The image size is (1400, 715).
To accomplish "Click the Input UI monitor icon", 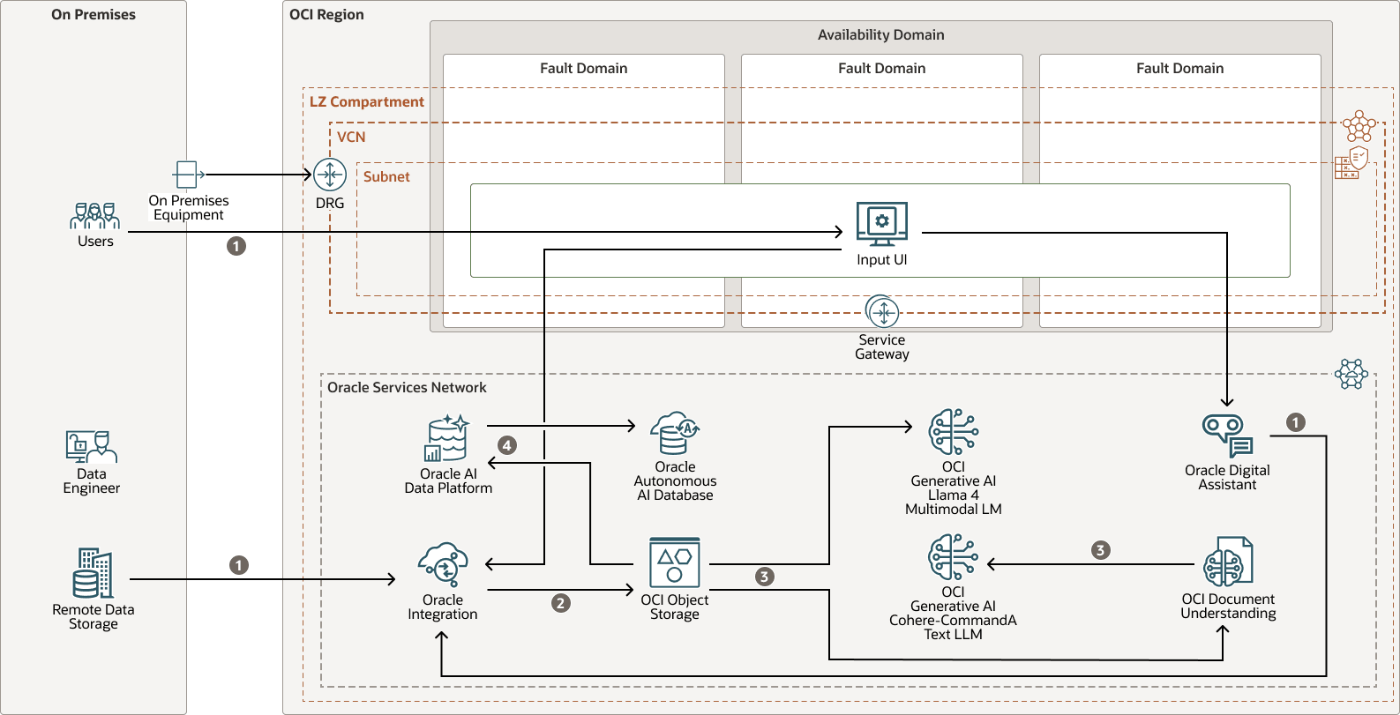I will click(x=881, y=224).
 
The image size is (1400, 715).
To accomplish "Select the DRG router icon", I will click(x=330, y=175).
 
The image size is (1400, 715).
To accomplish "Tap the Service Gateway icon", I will click(x=882, y=312).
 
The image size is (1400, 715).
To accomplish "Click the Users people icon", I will click(x=94, y=216).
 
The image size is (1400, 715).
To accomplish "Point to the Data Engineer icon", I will click(x=91, y=447).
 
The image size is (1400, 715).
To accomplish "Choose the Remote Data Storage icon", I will click(x=93, y=573).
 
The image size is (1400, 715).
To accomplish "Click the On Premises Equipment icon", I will click(x=186, y=175).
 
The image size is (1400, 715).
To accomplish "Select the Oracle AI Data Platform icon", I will click(x=447, y=438).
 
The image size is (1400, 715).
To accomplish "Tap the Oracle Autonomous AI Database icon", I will click(x=675, y=433).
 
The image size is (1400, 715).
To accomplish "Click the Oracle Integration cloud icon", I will click(x=443, y=565).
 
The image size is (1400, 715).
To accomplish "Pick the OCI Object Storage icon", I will click(x=675, y=562).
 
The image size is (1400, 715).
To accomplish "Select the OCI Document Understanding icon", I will click(x=1228, y=562).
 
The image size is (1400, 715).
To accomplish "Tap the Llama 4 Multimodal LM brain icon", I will click(x=953, y=432).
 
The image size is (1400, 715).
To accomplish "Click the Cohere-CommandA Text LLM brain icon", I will click(x=953, y=557).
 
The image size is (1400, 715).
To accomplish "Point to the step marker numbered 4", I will click(x=507, y=445).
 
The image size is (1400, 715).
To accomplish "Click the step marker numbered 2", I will click(x=561, y=603).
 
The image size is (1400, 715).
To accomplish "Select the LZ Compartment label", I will click(x=366, y=102).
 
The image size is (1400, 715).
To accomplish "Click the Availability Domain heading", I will click(x=880, y=35).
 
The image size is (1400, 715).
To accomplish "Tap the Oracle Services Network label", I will click(x=407, y=388).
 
